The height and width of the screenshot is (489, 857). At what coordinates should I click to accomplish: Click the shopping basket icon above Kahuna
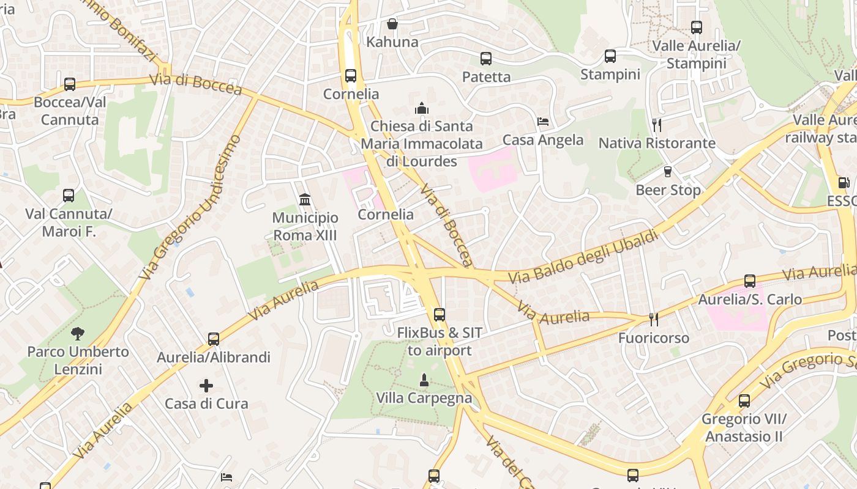392,24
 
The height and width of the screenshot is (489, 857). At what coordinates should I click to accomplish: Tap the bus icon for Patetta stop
486,59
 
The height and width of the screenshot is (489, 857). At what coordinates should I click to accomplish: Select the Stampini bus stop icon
610,56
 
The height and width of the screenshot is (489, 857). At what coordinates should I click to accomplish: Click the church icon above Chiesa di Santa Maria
421,109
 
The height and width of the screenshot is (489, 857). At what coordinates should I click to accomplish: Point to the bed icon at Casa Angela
542,122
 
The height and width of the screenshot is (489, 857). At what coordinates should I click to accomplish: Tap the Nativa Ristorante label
657,143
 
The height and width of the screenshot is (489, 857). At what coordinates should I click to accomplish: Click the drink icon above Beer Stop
668,172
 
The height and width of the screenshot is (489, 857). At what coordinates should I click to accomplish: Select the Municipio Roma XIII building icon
305,200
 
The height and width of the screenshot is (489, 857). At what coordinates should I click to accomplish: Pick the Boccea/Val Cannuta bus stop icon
70,84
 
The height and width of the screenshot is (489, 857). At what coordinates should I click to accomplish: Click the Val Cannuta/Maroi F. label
69,222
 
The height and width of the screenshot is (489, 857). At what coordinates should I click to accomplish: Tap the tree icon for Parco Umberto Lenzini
78,334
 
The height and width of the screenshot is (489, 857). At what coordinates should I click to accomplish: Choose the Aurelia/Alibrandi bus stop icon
214,339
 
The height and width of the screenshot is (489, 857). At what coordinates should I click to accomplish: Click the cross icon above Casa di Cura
206,386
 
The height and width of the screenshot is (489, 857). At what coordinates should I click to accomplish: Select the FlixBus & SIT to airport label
440,342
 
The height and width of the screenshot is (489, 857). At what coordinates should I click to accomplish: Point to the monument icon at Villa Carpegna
424,380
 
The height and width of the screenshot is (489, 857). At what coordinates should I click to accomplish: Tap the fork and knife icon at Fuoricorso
654,320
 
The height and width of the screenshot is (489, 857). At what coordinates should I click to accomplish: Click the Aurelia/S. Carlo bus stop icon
750,281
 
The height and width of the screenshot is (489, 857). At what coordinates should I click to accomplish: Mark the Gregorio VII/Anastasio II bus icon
744,401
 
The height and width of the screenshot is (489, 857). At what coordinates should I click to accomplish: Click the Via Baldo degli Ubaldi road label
583,256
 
